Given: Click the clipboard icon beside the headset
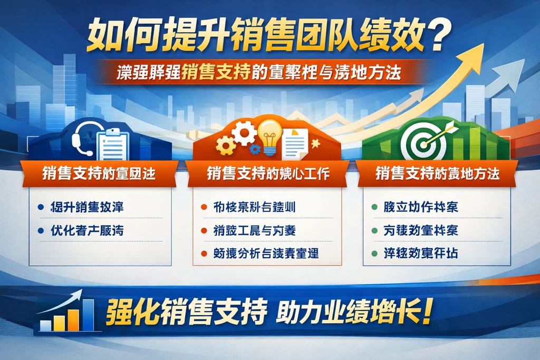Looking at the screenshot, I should (x=112, y=139).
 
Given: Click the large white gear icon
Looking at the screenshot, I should (x=244, y=132).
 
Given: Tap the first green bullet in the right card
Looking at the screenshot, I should (x=374, y=207).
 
